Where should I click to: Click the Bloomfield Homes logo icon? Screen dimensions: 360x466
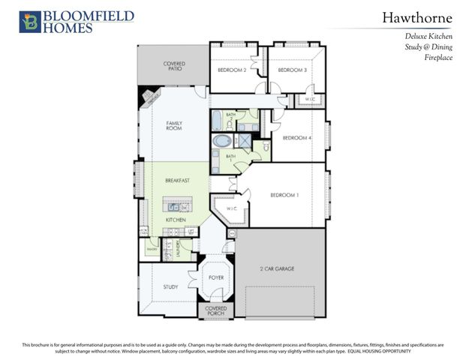tap(32, 21)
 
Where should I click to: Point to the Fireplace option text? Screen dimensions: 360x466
tap(437, 56)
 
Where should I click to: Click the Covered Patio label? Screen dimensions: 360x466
tap(174, 66)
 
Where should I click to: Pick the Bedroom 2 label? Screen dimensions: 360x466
tap(232, 70)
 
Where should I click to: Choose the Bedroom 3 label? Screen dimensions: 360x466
tap(293, 70)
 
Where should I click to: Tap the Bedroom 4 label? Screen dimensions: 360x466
tap(296, 138)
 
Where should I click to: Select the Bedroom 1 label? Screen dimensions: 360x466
tap(284, 196)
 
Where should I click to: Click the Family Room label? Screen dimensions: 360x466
tap(174, 125)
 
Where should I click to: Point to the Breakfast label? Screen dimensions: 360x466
tap(177, 181)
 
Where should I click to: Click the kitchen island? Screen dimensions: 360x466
tap(178, 205)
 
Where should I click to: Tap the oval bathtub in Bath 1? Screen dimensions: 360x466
tap(222, 140)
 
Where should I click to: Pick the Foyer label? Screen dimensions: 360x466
tap(216, 277)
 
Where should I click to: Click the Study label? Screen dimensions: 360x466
tap(170, 286)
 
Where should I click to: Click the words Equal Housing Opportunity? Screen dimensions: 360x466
tap(390, 351)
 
